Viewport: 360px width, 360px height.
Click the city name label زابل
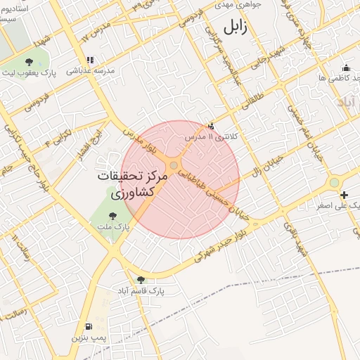[x=232, y=27]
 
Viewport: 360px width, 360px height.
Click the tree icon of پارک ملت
[x=113, y=215]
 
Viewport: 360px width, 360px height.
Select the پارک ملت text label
[x=112, y=226]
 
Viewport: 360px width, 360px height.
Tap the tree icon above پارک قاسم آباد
[x=141, y=279]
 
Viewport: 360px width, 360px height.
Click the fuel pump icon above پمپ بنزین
[x=88, y=326]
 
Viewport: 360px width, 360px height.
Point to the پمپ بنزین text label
[x=89, y=338]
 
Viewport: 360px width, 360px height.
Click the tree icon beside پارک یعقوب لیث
[x=29, y=62]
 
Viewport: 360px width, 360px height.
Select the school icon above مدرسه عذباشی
[x=89, y=60]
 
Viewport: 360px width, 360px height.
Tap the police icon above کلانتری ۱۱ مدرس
[x=212, y=125]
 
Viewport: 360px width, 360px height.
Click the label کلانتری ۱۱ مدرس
[x=211, y=136]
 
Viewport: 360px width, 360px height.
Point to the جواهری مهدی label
[x=241, y=4]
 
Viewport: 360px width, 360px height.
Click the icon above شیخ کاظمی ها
[x=345, y=67]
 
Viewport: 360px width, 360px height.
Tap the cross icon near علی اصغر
[x=343, y=195]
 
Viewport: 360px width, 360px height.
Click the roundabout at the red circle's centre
[x=174, y=165]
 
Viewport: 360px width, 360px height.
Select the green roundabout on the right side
[x=334, y=183]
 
